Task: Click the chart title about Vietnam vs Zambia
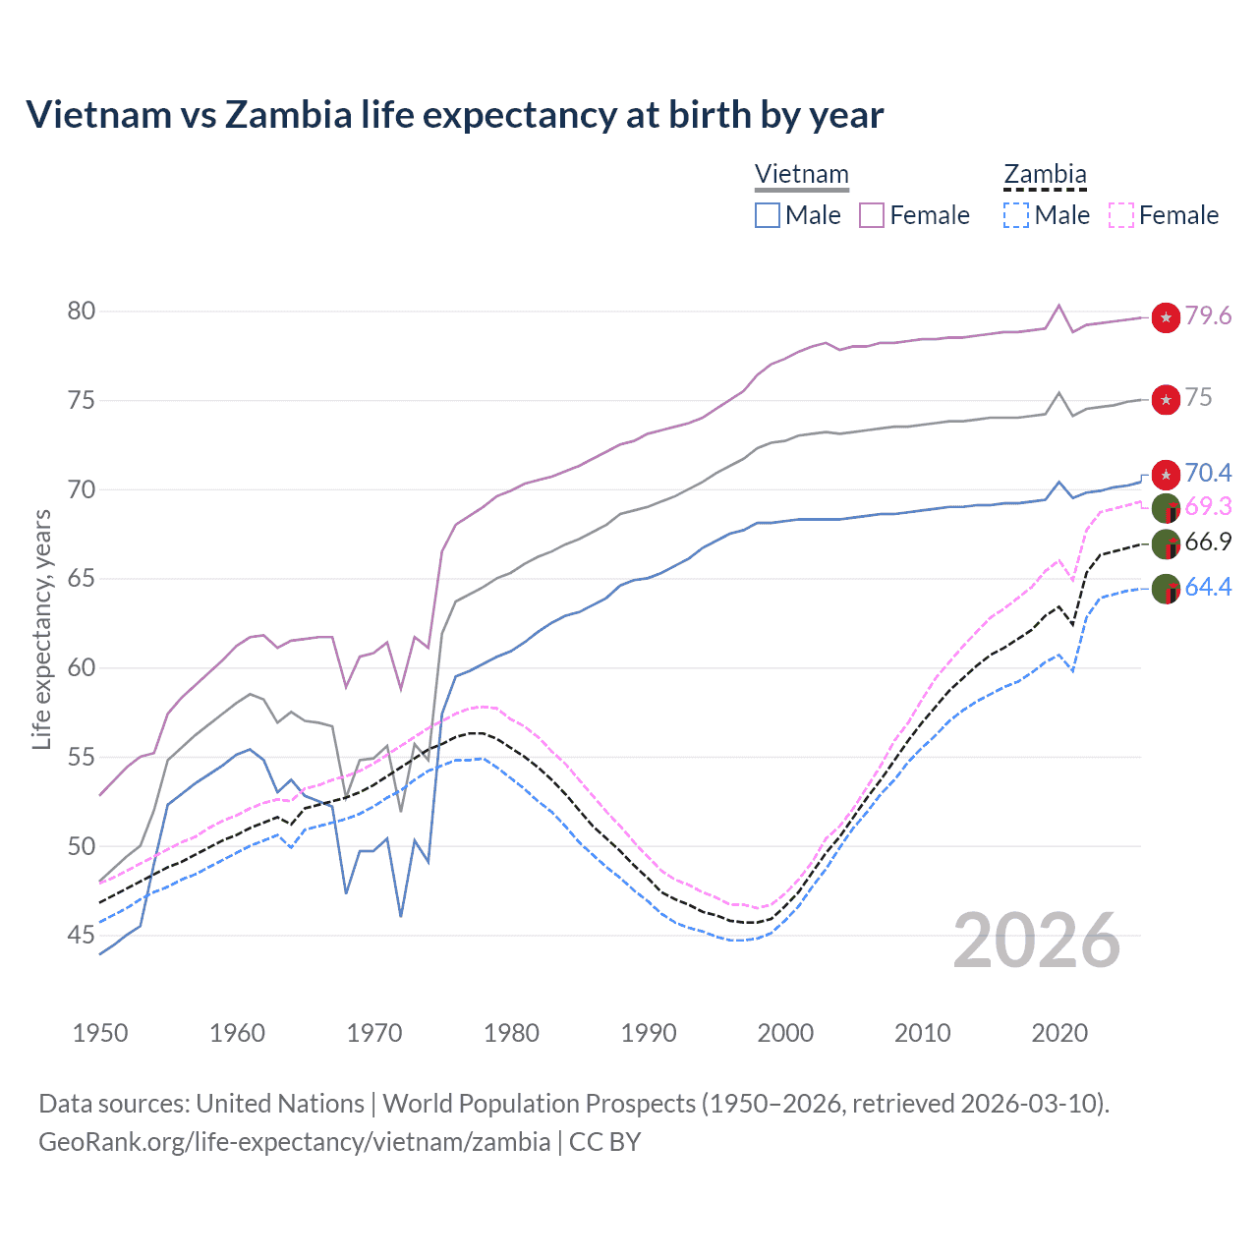[x=454, y=115]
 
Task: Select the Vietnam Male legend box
[x=768, y=215]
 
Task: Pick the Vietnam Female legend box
[x=872, y=215]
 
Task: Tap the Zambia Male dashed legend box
[x=1016, y=215]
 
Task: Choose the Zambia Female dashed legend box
[x=1121, y=215]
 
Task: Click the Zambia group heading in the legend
[x=1045, y=175]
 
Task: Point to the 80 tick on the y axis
[x=82, y=312]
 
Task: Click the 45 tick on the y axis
[x=82, y=936]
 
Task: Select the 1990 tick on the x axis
[x=649, y=1033]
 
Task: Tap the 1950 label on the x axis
[x=100, y=1033]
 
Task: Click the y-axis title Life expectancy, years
[x=41, y=629]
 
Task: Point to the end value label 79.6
[x=1208, y=316]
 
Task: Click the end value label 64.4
[x=1208, y=588]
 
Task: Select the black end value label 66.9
[x=1208, y=543]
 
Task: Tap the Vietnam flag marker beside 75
[x=1166, y=399]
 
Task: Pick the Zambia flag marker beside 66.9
[x=1166, y=543]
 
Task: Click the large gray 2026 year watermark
[x=1037, y=942]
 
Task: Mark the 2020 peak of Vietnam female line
[x=1058, y=306]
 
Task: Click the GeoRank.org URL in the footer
[x=294, y=1142]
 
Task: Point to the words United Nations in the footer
[x=280, y=1104]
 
